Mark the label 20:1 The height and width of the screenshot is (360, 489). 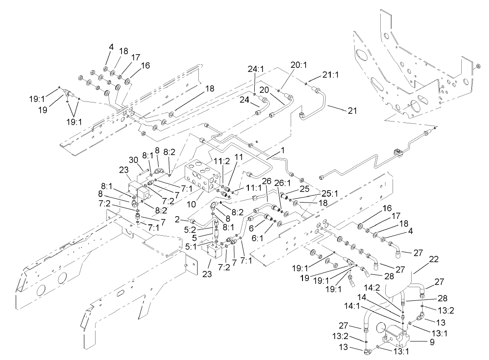(298, 65)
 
